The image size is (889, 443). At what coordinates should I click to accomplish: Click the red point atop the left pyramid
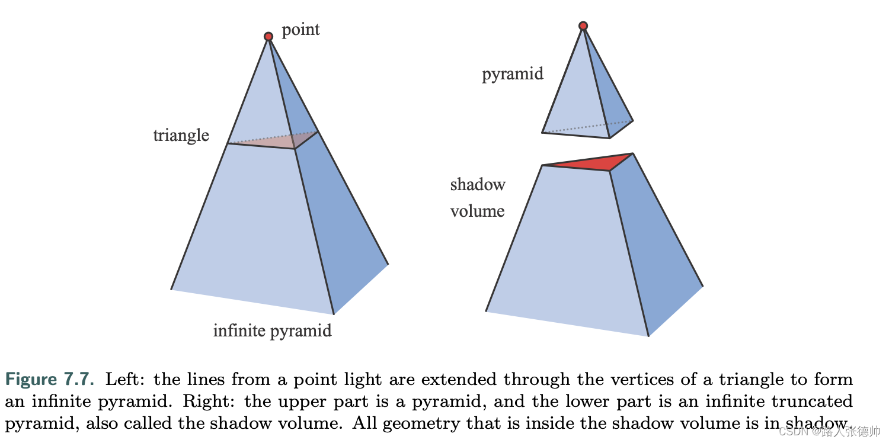tap(268, 37)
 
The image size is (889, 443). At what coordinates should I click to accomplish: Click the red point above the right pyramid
tap(583, 26)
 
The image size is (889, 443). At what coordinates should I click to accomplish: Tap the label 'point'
tap(300, 30)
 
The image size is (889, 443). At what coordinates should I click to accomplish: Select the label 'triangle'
tap(181, 136)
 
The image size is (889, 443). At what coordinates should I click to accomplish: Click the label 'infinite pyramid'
tap(272, 330)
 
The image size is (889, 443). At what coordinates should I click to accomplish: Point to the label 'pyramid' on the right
tap(513, 75)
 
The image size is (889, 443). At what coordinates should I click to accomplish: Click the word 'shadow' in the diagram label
tap(478, 184)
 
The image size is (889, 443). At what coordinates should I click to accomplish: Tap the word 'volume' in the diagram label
tap(478, 211)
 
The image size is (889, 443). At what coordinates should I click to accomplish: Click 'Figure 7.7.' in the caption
tap(50, 379)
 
